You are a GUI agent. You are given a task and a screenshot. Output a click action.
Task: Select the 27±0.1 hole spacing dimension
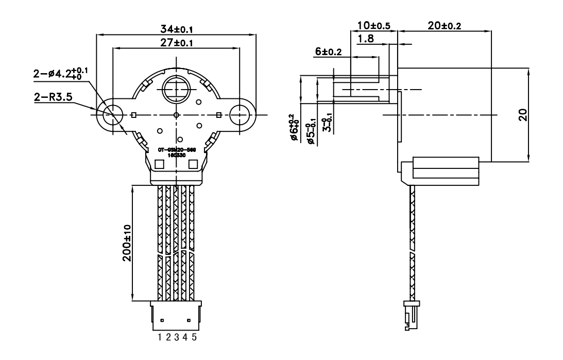pos(176,43)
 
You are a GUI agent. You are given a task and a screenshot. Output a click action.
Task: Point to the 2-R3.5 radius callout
pos(53,96)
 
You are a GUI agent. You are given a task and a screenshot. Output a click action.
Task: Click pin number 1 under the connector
pos(161,337)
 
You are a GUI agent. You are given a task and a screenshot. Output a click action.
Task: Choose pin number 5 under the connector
pos(194,337)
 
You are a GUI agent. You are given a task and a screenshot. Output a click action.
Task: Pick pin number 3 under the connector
pos(177,337)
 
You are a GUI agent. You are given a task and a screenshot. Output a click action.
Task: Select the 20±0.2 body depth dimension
pos(445,25)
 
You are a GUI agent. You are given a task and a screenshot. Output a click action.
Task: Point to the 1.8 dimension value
pos(366,39)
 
